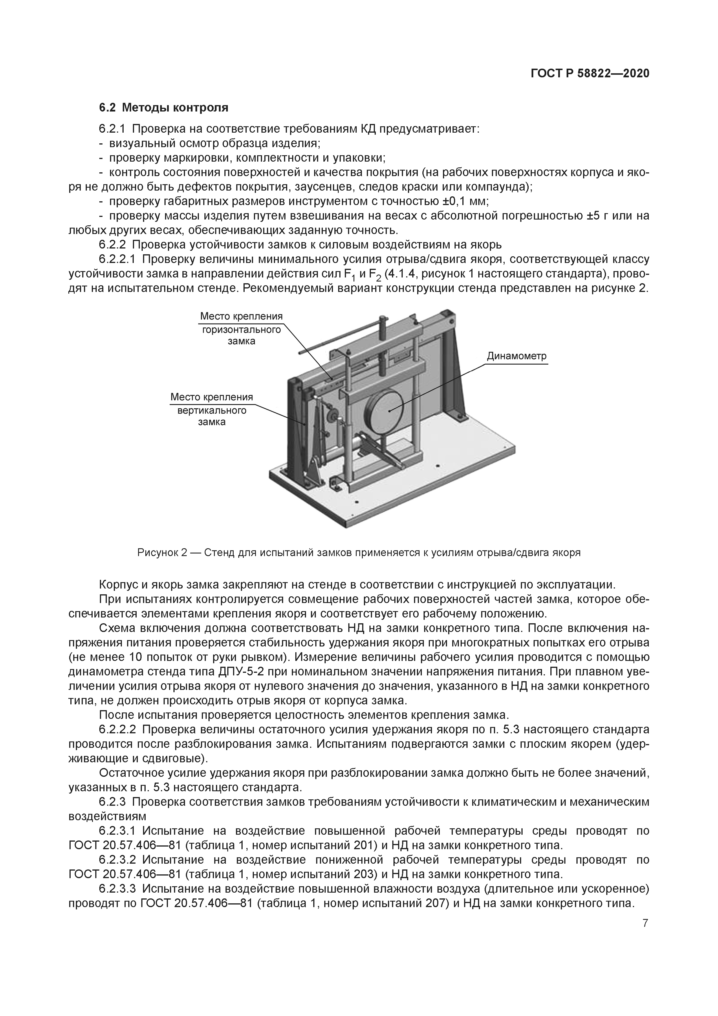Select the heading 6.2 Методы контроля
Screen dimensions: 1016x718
coord(163,107)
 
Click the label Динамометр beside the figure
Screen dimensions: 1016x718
coord(517,356)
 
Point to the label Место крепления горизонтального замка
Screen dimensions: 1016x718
coord(241,329)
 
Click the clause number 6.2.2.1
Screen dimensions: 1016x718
coord(118,259)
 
